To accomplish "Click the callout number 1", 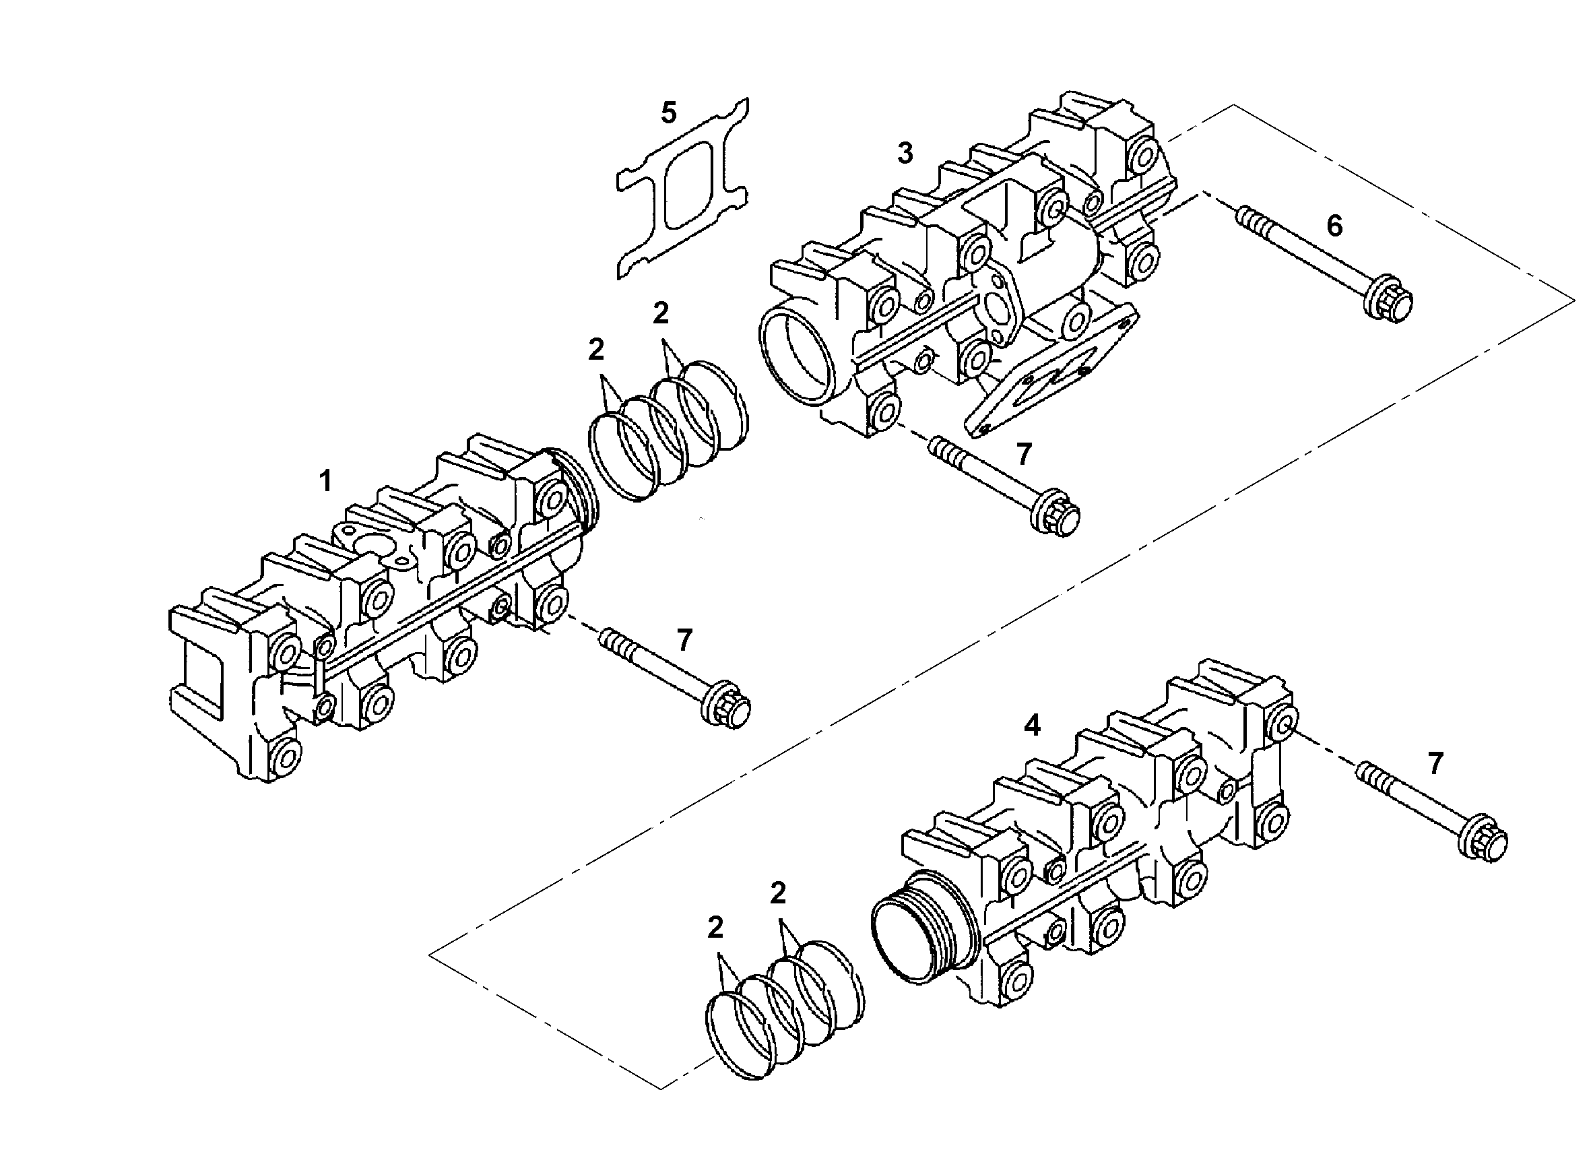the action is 325,481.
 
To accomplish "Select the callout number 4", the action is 1032,726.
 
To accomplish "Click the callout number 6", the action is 1334,225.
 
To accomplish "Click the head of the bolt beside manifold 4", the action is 1483,839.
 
